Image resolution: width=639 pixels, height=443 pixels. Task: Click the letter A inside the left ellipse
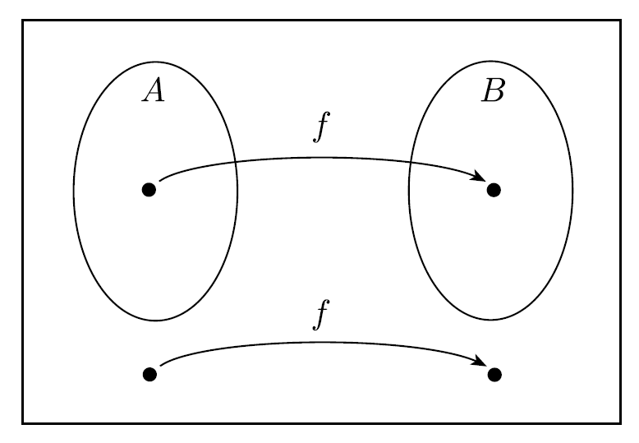154,90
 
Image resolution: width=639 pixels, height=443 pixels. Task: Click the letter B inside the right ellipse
493,90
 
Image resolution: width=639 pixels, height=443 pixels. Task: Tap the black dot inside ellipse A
149,190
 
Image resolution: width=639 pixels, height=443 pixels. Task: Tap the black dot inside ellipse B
494,190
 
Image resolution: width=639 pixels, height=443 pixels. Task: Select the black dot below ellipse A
149,374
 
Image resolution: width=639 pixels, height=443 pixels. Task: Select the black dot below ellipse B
494,374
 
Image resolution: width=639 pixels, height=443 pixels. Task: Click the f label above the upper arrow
322,130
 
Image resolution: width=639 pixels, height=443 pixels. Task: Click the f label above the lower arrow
322,315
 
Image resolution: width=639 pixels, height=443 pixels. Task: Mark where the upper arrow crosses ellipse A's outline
237,162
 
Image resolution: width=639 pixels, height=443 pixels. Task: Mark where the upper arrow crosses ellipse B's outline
411,163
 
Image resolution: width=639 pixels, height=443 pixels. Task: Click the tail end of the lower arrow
160,364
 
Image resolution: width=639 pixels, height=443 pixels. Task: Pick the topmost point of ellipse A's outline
155,62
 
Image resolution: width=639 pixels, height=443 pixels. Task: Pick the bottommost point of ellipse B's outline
491,319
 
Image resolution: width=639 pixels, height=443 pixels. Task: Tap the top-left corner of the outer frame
23,21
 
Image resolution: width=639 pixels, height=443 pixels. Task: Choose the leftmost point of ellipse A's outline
74,191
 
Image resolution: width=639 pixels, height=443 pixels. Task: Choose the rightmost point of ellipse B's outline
572,191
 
